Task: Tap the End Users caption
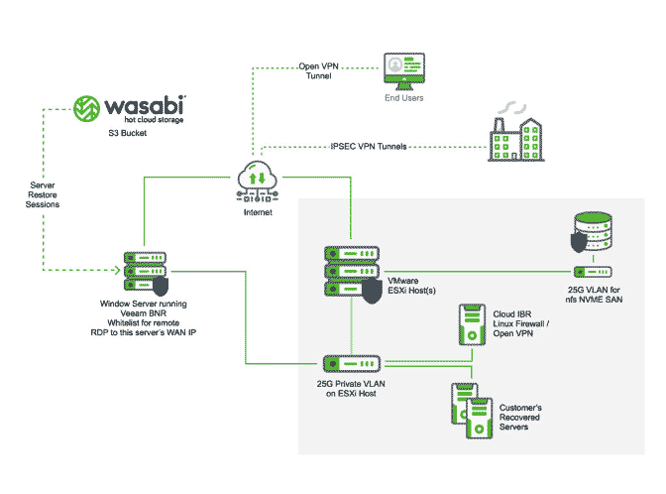point(404,98)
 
